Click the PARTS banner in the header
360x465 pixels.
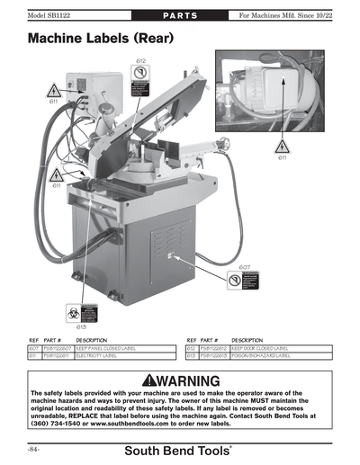tap(179, 15)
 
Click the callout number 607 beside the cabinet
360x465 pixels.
tap(245, 267)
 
